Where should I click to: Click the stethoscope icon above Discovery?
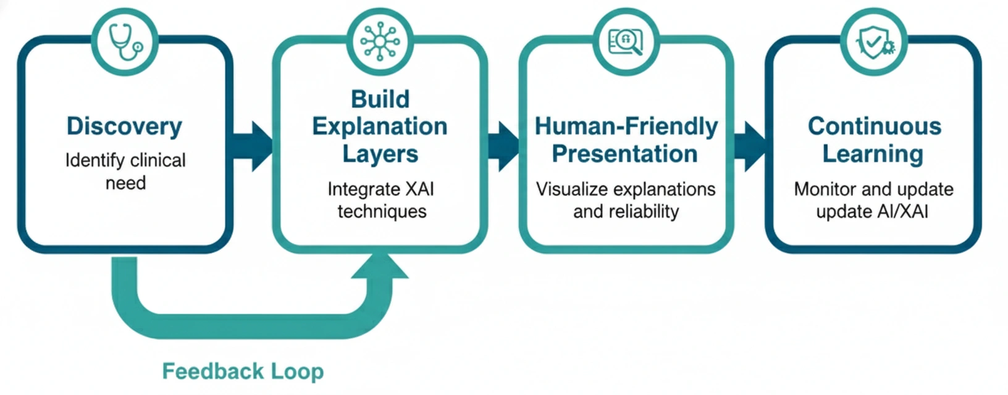[125, 42]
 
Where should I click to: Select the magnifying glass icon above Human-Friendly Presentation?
[626, 42]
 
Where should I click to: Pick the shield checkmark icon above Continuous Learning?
[874, 42]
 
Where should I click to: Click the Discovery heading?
[124, 127]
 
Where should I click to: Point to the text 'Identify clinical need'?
[125, 172]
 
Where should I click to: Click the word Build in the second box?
[380, 99]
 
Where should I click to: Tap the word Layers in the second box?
[380, 154]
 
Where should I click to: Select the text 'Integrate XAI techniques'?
[381, 200]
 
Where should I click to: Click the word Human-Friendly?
[626, 127]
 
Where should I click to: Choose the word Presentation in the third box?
[624, 154]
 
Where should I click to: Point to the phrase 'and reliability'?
[626, 212]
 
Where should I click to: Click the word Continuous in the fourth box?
[874, 127]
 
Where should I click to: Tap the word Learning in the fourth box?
[872, 154]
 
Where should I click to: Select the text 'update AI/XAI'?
[872, 212]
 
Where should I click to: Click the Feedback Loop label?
[243, 372]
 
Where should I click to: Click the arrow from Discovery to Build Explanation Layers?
[253, 146]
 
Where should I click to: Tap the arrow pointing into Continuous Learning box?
[750, 146]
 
